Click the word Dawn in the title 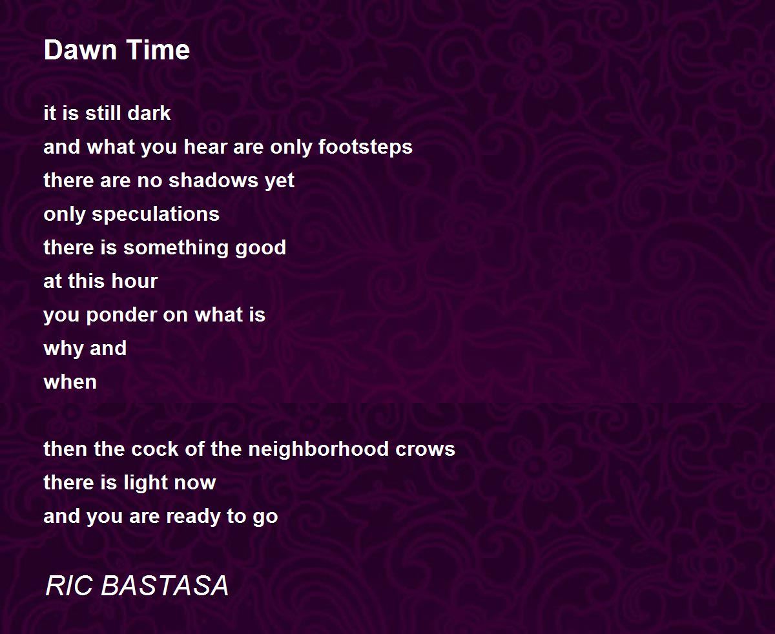pyautogui.click(x=80, y=50)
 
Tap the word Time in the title pyautogui.click(x=158, y=50)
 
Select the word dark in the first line pyautogui.click(x=149, y=113)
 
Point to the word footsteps pyautogui.click(x=366, y=148)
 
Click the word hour pyautogui.click(x=134, y=281)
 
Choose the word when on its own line pyautogui.click(x=70, y=382)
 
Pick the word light pyautogui.click(x=145, y=484)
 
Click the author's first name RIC pyautogui.click(x=68, y=586)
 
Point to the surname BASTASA pyautogui.click(x=165, y=586)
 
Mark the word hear pyautogui.click(x=205, y=147)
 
